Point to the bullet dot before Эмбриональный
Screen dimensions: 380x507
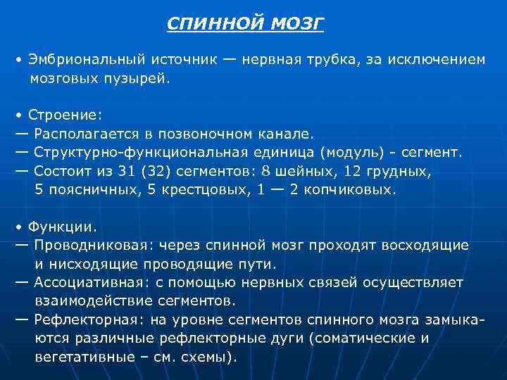click(20, 61)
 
